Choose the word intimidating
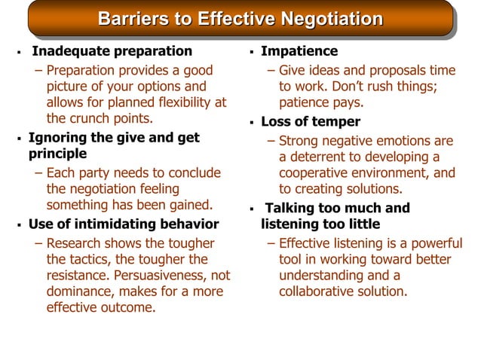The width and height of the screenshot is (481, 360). (x=120, y=224)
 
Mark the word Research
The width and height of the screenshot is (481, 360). (x=74, y=243)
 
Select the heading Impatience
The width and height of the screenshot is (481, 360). (x=299, y=51)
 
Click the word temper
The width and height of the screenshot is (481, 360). (x=336, y=121)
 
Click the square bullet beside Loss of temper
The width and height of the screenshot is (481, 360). (x=252, y=123)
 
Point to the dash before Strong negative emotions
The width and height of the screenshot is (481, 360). (x=271, y=141)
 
